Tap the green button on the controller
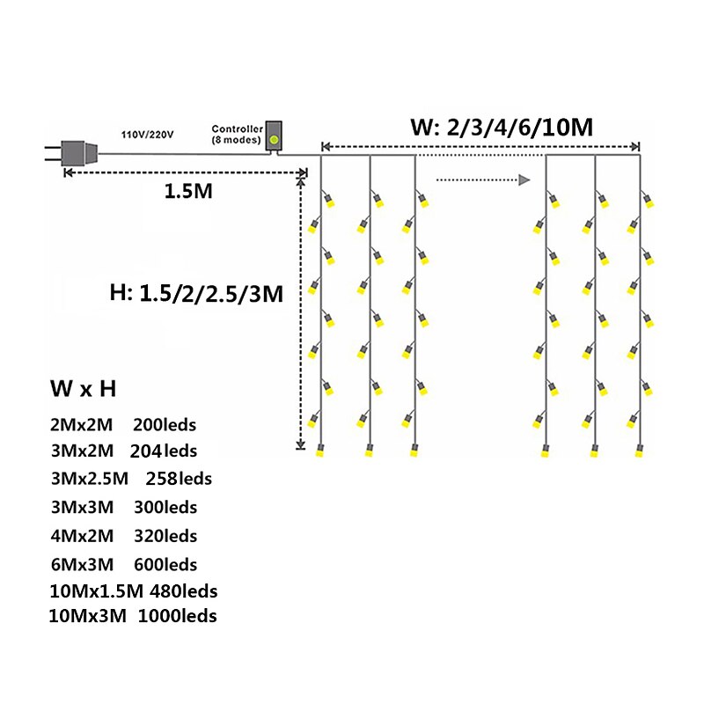pos(275,138)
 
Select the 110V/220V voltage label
pos(148,135)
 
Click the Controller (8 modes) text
pos(238,135)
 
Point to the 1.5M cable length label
pos(188,191)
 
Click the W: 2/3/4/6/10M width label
pos(502,128)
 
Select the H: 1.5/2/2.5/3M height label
pos(195,294)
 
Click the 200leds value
pos(165,424)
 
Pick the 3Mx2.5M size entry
pos(90,479)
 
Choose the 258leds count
pos(180,479)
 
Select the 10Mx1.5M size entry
pos(98,590)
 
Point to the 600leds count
pos(165,563)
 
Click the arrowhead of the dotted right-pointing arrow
pos(524,180)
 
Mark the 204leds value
pos(165,451)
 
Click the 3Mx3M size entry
pos(81,507)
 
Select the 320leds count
pos(165,535)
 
